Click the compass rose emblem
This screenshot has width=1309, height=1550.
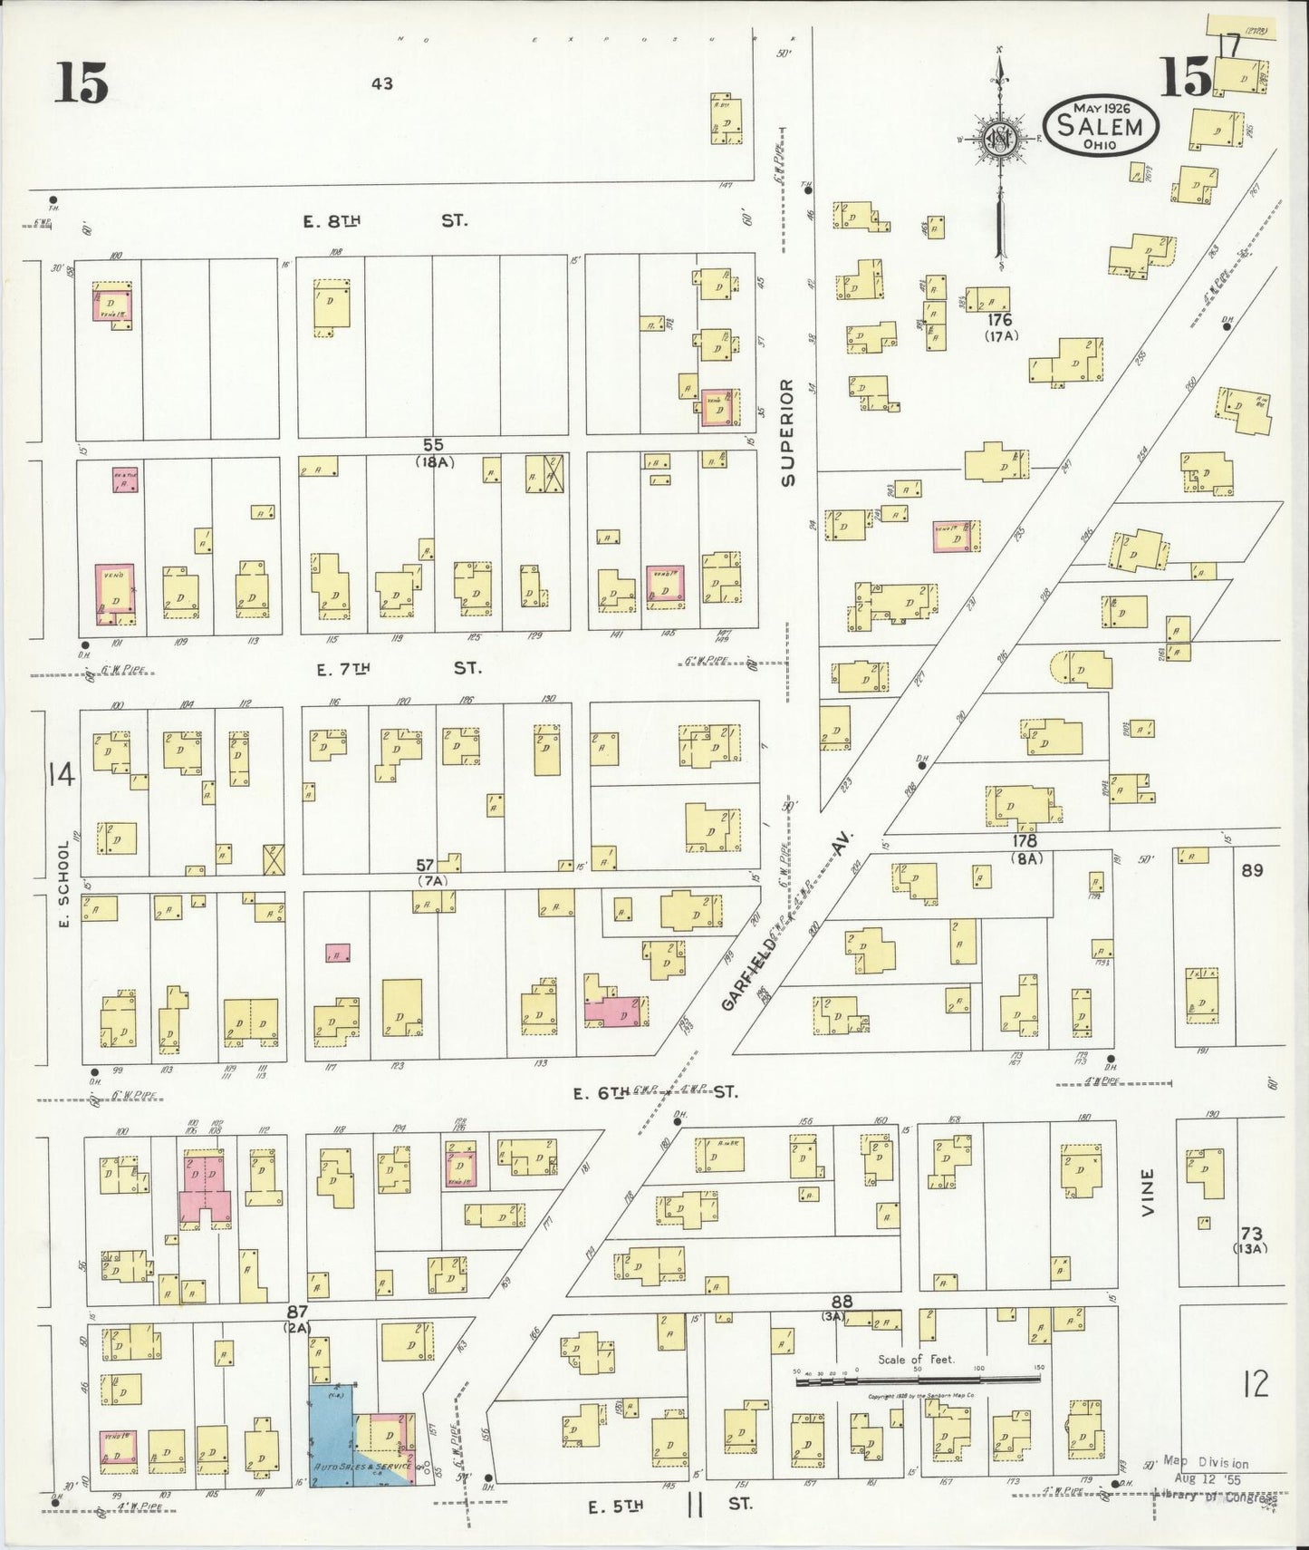(x=999, y=140)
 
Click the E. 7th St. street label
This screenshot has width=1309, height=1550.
(x=399, y=669)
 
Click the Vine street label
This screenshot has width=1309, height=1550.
(x=1148, y=1192)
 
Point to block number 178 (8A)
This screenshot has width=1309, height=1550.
(x=1026, y=848)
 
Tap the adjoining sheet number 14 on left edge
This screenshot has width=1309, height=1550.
(x=62, y=776)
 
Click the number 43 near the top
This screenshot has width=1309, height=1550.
(x=381, y=84)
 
